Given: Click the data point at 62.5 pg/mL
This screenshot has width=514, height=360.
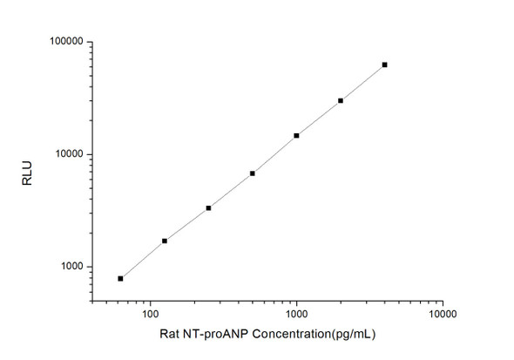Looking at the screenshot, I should coord(120,278).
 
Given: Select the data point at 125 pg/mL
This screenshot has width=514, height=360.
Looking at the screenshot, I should coord(165,241).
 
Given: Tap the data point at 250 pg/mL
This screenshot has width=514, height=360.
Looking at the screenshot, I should coord(208,208).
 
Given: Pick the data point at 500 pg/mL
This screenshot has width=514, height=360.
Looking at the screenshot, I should coord(253,173).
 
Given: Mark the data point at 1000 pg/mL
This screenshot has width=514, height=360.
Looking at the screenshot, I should coord(296,136).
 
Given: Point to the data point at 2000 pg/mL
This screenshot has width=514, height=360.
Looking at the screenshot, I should coord(341,101).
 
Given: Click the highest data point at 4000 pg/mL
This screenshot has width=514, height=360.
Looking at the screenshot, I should coord(384,65).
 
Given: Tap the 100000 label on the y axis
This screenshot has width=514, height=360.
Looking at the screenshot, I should coord(64,42).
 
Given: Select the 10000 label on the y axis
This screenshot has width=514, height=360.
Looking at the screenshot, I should coord(67,154).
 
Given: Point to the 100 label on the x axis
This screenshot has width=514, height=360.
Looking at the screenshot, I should coord(150,313).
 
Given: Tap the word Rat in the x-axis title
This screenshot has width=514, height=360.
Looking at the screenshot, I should coord(170,334).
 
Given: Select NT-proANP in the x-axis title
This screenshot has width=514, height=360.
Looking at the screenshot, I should coord(213,334).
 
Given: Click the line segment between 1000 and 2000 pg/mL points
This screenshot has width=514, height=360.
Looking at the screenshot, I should coord(319,119).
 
